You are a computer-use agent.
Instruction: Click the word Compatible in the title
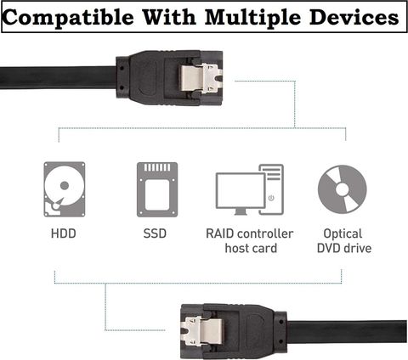point(68,18)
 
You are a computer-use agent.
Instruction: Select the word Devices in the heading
point(354,16)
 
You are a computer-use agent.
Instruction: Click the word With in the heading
point(169,16)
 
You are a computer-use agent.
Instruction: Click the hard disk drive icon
point(65,189)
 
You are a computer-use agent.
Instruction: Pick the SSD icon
point(157,189)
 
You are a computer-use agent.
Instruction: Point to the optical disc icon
point(343,189)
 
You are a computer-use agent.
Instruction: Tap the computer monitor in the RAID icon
point(241,194)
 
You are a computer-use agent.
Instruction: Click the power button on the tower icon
point(271,198)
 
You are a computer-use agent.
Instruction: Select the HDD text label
point(64,233)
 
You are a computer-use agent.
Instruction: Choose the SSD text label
point(155,233)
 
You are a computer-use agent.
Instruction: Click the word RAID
point(220,233)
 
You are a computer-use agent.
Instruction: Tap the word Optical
point(343,234)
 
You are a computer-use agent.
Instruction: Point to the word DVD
point(329,248)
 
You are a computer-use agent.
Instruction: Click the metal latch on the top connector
point(199,78)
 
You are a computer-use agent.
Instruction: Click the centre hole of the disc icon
point(343,189)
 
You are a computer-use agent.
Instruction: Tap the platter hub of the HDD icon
point(65,186)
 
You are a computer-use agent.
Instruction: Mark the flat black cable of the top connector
point(58,77)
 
